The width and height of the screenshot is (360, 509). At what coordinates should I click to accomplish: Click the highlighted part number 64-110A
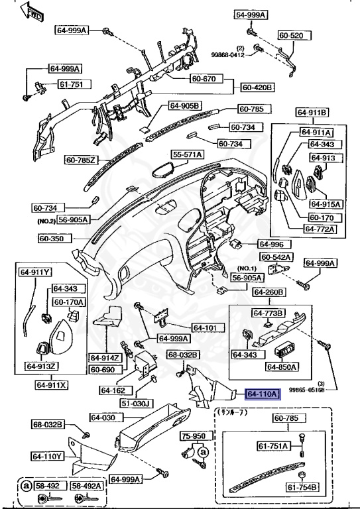pyautogui.click(x=264, y=394)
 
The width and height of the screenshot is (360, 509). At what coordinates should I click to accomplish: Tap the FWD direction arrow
pyautogui.click(x=31, y=11)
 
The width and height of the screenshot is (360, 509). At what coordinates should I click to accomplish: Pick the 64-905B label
pyautogui.click(x=184, y=105)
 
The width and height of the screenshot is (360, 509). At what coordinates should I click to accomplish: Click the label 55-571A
pyautogui.click(x=188, y=154)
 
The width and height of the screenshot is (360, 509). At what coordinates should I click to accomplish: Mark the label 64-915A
pyautogui.click(x=322, y=204)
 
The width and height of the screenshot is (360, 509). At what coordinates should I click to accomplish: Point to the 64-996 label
pyautogui.click(x=270, y=243)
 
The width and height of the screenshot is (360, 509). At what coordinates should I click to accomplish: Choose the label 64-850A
pyautogui.click(x=282, y=366)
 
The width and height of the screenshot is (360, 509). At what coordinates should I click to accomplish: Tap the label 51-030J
pyautogui.click(x=136, y=403)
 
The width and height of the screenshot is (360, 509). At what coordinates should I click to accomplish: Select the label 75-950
pyautogui.click(x=195, y=437)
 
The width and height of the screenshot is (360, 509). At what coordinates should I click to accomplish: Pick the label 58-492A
pyautogui.click(x=88, y=486)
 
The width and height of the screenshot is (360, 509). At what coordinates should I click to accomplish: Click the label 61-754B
pyautogui.click(x=302, y=488)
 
